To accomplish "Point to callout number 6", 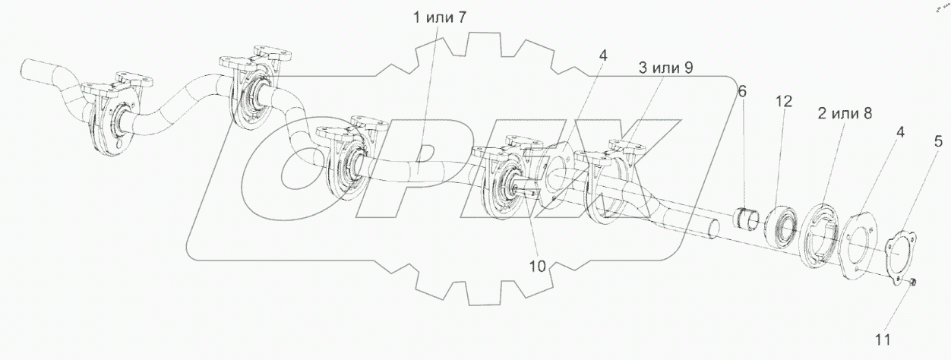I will pos(742,91).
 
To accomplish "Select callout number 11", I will pos(885,339).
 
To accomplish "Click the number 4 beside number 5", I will pos(899,132).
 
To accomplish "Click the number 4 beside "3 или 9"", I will pos(602,55).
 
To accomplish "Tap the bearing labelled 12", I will pos(782,223).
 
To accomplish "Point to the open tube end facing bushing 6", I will pos(712,229).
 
